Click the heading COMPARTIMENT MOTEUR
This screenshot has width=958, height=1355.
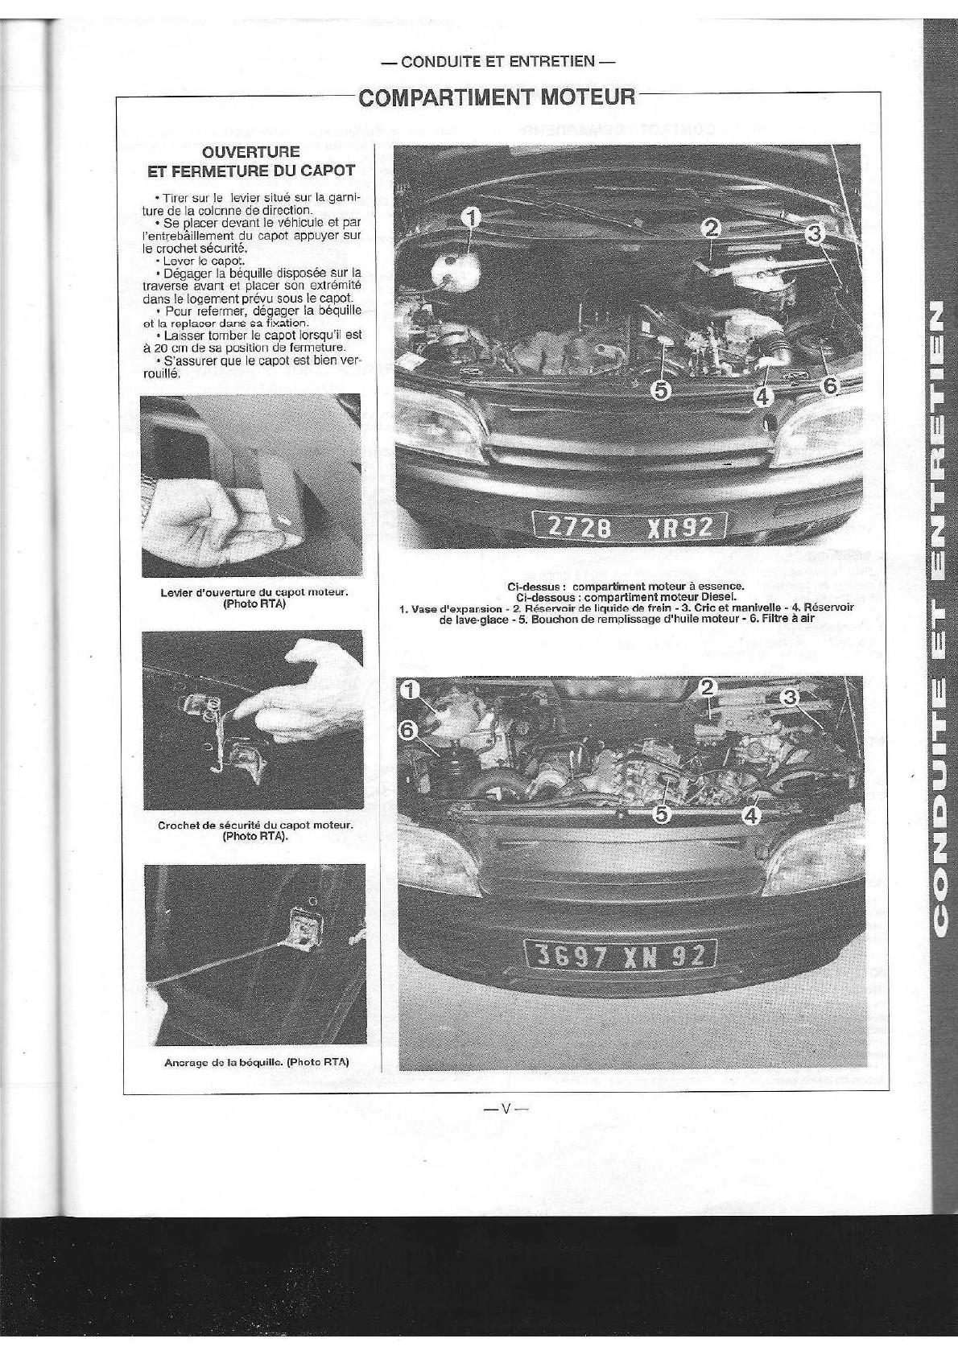pyautogui.click(x=497, y=97)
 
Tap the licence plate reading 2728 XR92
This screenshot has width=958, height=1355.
pyautogui.click(x=629, y=527)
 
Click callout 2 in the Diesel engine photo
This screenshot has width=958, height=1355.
pyautogui.click(x=708, y=687)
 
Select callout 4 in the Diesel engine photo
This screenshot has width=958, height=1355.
pyautogui.click(x=749, y=816)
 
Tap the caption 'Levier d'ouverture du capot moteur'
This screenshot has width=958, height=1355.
pyautogui.click(x=254, y=592)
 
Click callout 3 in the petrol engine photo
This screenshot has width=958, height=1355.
pyautogui.click(x=816, y=233)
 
